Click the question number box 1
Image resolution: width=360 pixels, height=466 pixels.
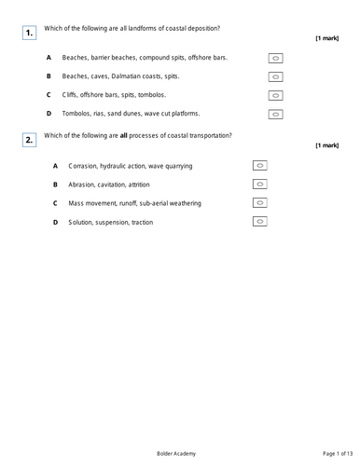[29, 33]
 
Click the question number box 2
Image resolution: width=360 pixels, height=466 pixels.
[29, 140]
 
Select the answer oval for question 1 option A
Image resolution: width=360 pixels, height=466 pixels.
[275, 58]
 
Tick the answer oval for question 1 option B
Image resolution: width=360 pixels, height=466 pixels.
[275, 76]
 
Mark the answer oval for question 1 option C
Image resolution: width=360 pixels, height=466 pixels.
[275, 95]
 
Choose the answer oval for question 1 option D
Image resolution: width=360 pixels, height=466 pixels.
[275, 114]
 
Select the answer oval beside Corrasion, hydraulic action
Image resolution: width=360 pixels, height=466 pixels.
[260, 165]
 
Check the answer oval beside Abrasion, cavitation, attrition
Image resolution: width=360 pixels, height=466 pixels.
[260, 184]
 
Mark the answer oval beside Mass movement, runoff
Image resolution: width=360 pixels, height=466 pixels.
[260, 202]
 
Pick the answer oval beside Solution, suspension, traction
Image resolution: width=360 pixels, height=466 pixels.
[260, 221]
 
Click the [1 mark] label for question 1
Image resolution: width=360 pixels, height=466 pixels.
[327, 38]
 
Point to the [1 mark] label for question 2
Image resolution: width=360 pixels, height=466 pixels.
[327, 145]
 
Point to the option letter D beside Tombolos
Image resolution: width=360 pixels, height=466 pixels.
[48, 114]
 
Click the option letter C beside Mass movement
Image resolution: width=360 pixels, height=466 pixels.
[55, 203]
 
